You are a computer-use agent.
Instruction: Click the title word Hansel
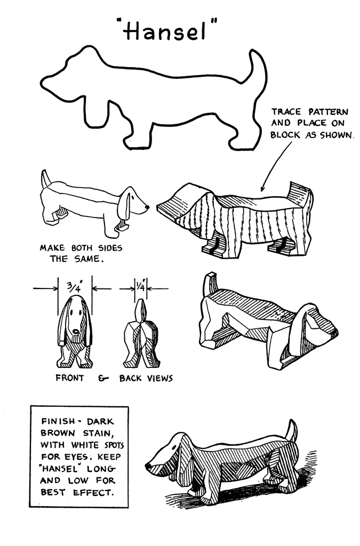[x=166, y=29]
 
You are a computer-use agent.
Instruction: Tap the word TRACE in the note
[x=286, y=112]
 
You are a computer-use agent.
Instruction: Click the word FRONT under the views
[x=70, y=378]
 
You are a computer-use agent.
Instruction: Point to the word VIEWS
[x=159, y=378]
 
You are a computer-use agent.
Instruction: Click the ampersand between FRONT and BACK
[x=101, y=378]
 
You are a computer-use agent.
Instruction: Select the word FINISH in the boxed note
[x=58, y=421]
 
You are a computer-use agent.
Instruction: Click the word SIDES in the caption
[x=110, y=248]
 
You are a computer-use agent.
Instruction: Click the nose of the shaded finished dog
[x=148, y=465]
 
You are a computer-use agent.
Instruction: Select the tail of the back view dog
[x=140, y=311]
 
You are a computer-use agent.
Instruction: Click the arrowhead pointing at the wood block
[x=262, y=188]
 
